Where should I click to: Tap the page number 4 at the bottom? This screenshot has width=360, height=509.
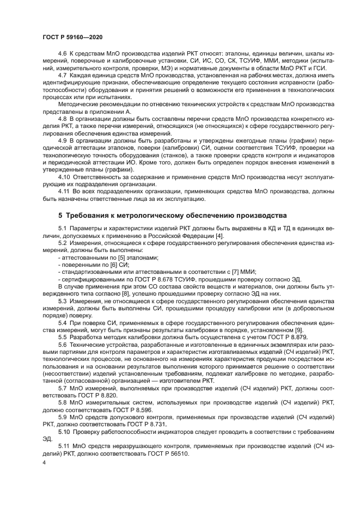44,462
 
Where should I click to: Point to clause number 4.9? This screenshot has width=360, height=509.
64,138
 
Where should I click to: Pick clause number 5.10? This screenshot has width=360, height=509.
65,431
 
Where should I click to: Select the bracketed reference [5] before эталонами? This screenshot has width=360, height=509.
114,257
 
